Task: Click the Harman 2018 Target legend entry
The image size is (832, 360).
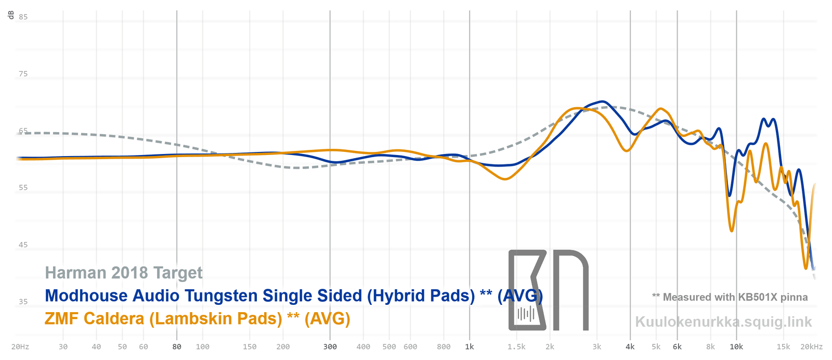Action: click(124, 273)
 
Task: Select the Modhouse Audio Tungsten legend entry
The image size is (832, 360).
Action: click(293, 295)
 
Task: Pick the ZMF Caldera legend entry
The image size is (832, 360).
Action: click(198, 318)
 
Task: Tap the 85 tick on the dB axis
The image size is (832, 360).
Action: click(23, 17)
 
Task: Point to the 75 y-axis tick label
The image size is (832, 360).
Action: click(23, 74)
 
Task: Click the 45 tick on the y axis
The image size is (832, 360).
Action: click(23, 245)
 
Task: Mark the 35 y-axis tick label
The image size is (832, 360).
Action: click(23, 301)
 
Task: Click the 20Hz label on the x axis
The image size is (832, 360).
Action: click(20, 346)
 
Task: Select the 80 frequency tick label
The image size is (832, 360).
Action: click(177, 346)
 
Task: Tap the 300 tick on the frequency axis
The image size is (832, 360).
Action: click(330, 346)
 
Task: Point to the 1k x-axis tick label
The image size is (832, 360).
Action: click(470, 346)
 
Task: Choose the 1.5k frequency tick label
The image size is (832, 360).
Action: click(516, 346)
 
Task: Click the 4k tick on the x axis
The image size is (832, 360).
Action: click(630, 346)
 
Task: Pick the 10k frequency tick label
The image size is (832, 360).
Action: click(736, 346)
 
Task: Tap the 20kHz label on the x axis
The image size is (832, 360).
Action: click(812, 346)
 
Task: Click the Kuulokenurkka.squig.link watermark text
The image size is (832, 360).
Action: click(723, 322)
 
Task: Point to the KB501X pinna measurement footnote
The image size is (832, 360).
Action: click(730, 297)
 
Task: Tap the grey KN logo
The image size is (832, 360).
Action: click(548, 290)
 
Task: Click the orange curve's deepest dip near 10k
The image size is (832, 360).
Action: click(732, 230)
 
